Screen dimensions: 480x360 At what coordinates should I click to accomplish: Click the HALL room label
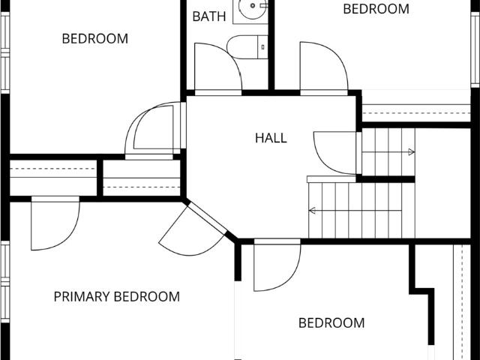[x=271, y=138]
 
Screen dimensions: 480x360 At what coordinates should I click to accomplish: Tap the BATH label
[x=209, y=16]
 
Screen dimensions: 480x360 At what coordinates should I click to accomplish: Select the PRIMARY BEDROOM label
[x=117, y=297]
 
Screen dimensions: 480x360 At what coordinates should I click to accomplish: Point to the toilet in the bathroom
[x=247, y=47]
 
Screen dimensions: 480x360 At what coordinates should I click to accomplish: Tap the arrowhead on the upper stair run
[x=412, y=151]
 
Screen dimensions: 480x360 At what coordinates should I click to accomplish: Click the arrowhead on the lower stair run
[x=312, y=211]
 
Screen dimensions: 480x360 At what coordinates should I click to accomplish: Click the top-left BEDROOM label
[x=95, y=39]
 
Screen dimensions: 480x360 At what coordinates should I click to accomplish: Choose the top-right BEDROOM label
[x=376, y=9]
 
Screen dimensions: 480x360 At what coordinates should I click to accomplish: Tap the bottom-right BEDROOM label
[x=331, y=323]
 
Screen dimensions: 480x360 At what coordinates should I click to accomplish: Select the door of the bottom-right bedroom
[x=277, y=265]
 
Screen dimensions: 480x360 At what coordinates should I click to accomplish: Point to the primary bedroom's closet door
[x=55, y=223]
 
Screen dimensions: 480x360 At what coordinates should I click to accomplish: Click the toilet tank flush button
[x=263, y=47]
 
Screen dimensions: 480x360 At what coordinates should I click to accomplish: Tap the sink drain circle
[x=253, y=5]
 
